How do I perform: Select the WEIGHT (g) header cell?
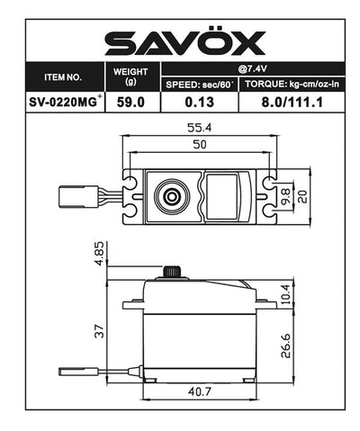[132, 77]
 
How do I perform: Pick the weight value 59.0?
[132, 103]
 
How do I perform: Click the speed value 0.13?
[199, 103]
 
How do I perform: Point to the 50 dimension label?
[201, 146]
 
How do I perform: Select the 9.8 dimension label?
[287, 193]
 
